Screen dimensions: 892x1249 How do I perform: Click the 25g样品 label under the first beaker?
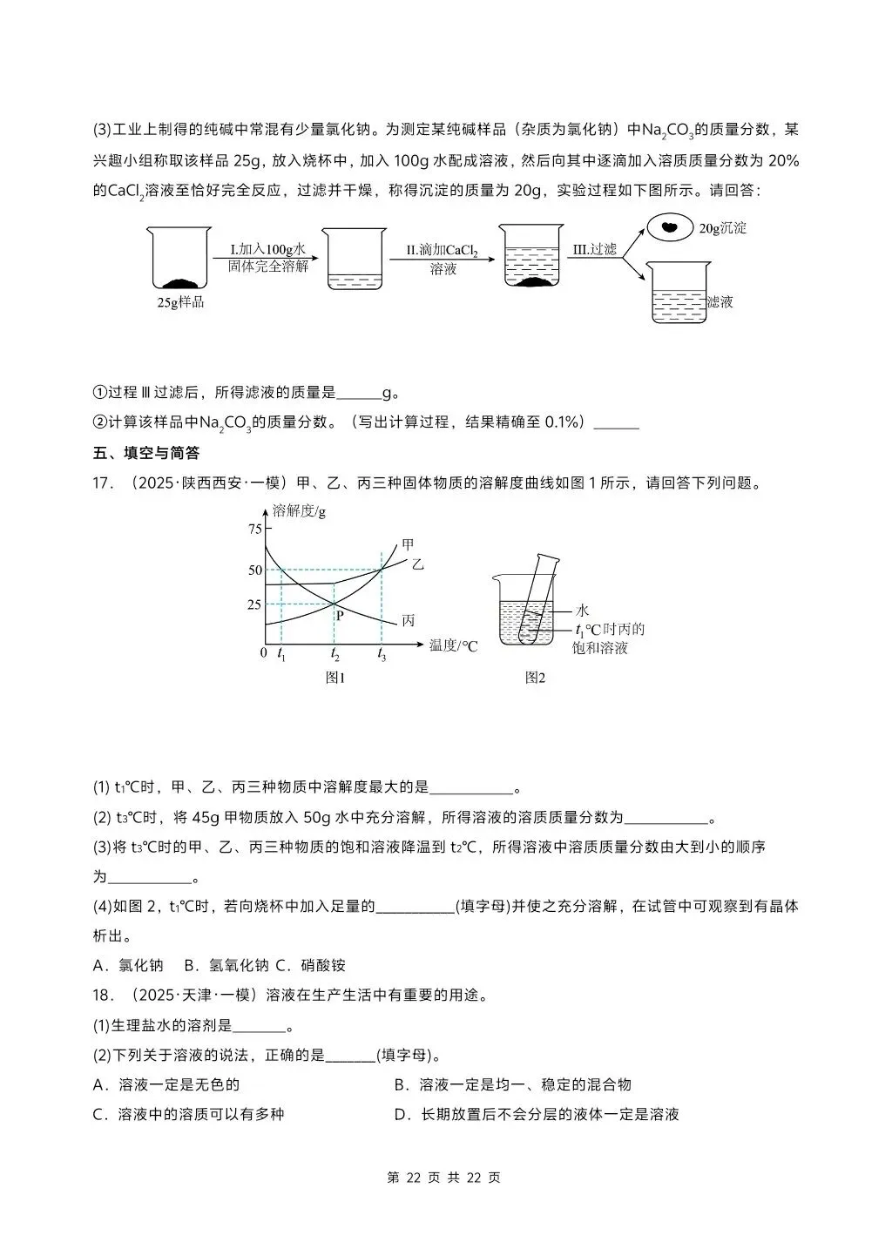point(180,302)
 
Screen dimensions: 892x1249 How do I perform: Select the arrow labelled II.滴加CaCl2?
point(443,259)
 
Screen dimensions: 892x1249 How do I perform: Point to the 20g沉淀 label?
point(722,228)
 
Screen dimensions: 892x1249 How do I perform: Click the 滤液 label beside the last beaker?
point(720,301)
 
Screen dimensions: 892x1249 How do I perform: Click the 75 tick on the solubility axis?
point(254,529)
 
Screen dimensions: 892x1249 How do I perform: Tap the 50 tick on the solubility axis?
point(254,570)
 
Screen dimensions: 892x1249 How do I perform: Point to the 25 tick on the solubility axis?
point(254,604)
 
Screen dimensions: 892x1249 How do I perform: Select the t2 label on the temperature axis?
point(334,653)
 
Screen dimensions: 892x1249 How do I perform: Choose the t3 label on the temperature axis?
point(382,653)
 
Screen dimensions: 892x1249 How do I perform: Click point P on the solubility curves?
point(340,615)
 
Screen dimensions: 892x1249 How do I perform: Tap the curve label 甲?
point(408,544)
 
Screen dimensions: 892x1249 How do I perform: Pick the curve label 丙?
point(408,620)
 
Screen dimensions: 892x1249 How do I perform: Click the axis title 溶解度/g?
point(299,510)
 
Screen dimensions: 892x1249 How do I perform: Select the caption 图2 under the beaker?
point(534,678)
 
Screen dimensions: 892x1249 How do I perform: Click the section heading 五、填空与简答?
point(146,453)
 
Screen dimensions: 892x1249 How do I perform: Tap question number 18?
point(104,995)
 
